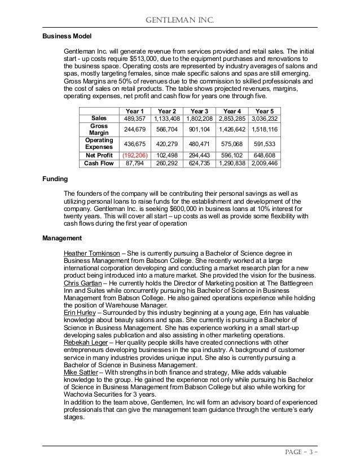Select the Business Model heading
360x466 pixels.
click(67, 36)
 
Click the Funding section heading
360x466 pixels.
click(55, 179)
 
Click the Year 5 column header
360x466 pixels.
click(265, 111)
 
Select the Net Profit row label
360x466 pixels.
click(99, 154)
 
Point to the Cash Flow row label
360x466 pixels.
click(99, 163)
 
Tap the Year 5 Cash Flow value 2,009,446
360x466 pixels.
click(265, 163)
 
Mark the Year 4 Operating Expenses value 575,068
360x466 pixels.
click(232, 144)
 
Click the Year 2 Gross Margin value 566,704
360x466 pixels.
click(167, 129)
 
